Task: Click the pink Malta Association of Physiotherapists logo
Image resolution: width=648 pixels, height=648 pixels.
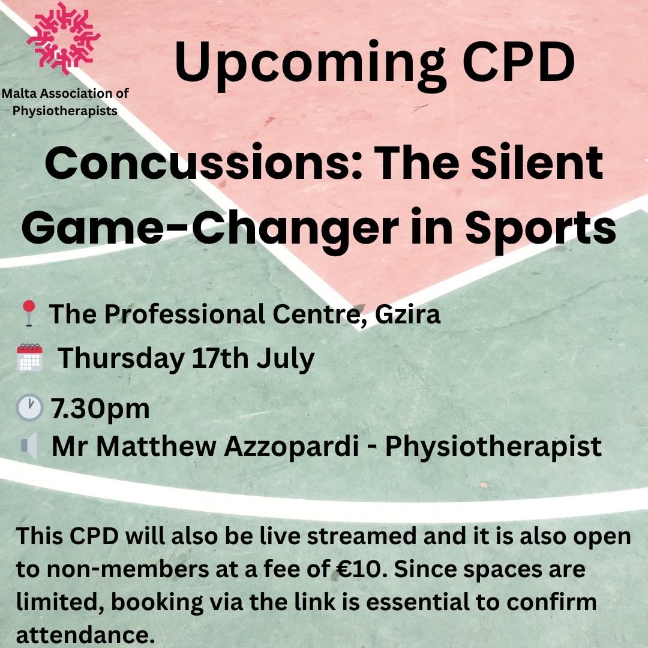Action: pyautogui.click(x=64, y=38)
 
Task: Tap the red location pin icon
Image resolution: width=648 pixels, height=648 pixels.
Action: pyautogui.click(x=29, y=313)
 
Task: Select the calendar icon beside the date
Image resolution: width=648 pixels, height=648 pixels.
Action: pyautogui.click(x=30, y=357)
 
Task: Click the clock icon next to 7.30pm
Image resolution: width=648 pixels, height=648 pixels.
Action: pyautogui.click(x=29, y=407)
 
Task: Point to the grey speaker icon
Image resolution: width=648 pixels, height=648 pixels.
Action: pyautogui.click(x=29, y=445)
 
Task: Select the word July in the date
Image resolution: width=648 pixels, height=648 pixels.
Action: pyautogui.click(x=286, y=359)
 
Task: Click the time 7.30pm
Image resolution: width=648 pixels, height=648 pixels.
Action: pyautogui.click(x=100, y=409)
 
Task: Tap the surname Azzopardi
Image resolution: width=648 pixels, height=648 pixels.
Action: pyautogui.click(x=292, y=447)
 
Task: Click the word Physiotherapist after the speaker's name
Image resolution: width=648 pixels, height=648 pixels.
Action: pyautogui.click(x=493, y=447)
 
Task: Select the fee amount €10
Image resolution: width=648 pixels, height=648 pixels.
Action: pyautogui.click(x=356, y=569)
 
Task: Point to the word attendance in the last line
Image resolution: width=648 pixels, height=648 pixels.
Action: pyautogui.click(x=85, y=635)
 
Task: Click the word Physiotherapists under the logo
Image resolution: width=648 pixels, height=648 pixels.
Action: pyautogui.click(x=65, y=111)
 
